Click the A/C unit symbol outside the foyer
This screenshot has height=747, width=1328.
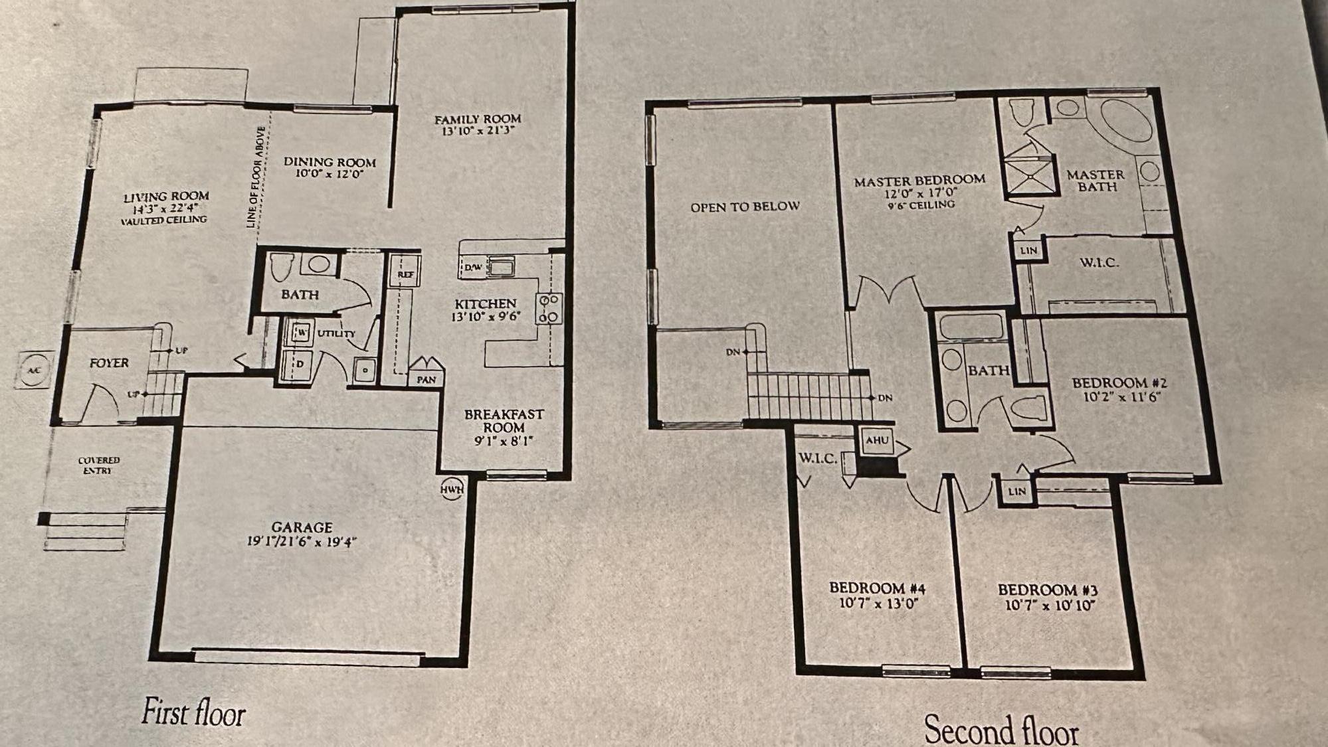click(x=34, y=370)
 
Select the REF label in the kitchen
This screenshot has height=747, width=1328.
click(x=405, y=274)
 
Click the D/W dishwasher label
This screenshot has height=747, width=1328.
click(x=473, y=268)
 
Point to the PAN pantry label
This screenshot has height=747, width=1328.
click(x=427, y=380)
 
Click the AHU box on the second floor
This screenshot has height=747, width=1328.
click(x=877, y=440)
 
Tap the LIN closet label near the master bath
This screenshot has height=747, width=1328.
click(x=1028, y=251)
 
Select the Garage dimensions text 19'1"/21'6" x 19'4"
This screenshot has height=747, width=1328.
click(x=302, y=542)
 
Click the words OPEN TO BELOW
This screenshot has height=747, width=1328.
click(x=745, y=207)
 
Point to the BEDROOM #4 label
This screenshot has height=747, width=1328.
click(x=877, y=588)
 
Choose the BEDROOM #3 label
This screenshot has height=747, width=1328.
click(x=1047, y=590)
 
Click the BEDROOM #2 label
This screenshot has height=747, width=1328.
click(x=1119, y=383)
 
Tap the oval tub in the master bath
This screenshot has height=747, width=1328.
click(x=1127, y=120)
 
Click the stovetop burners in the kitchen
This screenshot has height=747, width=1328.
click(x=549, y=309)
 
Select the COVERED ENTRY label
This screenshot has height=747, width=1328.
click(x=99, y=465)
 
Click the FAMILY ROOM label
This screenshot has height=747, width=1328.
click(x=478, y=120)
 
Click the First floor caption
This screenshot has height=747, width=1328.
click(x=193, y=712)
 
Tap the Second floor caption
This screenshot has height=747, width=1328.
click(x=1001, y=730)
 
